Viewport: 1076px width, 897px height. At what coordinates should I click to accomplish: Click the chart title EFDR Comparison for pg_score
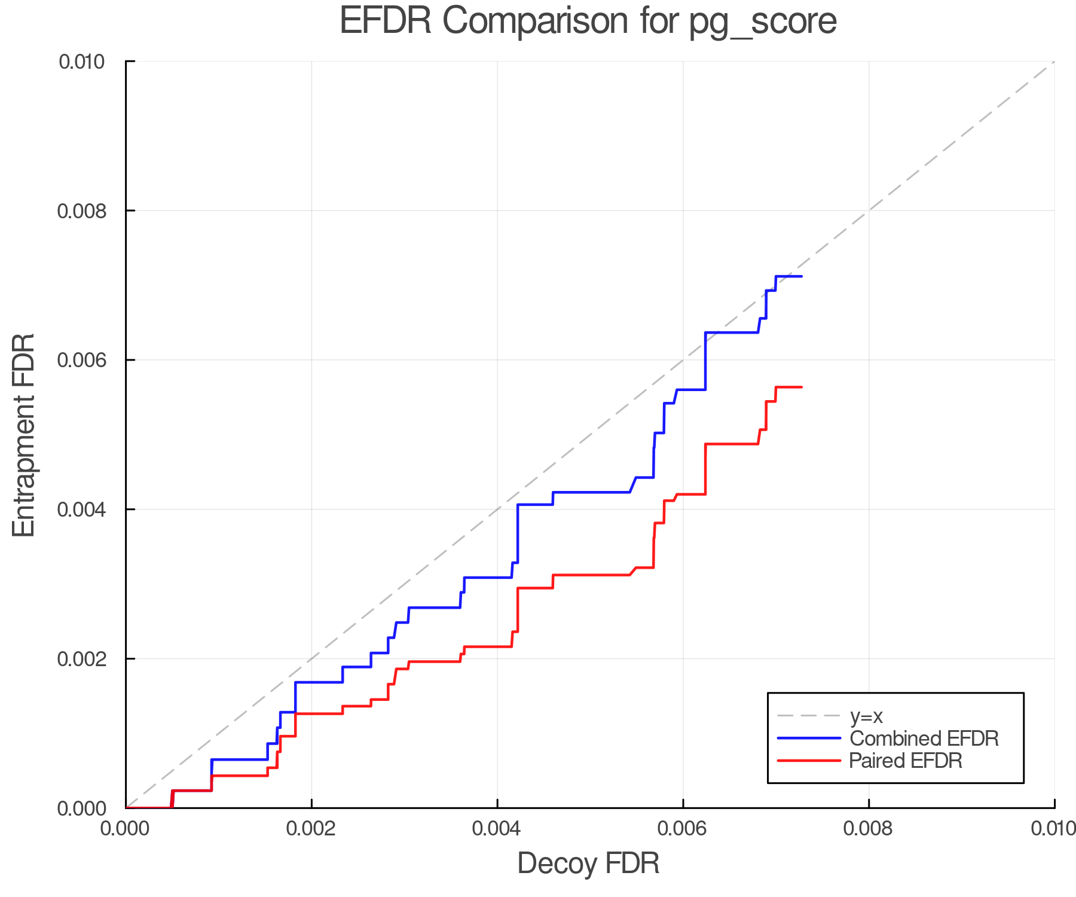pos(588,21)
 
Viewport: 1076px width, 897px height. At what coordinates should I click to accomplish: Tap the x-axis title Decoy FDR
pos(588,864)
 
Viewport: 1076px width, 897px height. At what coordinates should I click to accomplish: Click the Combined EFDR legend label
pos(924,739)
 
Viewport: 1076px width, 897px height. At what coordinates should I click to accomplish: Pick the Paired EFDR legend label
pos(906,761)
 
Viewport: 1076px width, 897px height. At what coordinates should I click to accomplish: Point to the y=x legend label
pos(866,716)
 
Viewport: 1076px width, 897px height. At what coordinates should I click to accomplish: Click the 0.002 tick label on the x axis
pos(311,829)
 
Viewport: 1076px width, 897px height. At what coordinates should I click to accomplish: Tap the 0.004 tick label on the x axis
pos(497,829)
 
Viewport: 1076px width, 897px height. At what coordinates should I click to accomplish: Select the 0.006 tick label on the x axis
pos(683,829)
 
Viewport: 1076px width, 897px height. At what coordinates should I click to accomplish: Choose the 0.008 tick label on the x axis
pos(869,829)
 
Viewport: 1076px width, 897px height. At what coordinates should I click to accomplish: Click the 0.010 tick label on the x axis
pos(1053,829)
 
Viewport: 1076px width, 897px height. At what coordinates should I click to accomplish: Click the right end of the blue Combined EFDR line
pos(801,276)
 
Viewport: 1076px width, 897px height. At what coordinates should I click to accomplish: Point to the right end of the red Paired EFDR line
pos(801,388)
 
